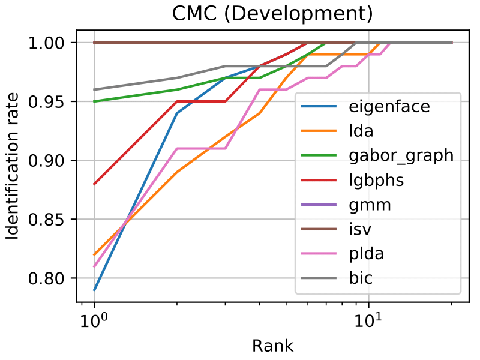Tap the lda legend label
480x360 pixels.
coord(359,132)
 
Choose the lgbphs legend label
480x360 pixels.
coord(376,180)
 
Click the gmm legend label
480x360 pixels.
coord(370,205)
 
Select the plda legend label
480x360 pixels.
coord(367,253)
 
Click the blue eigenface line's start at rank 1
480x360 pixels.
coord(94,290)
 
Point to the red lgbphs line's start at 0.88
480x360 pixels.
coord(94,184)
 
